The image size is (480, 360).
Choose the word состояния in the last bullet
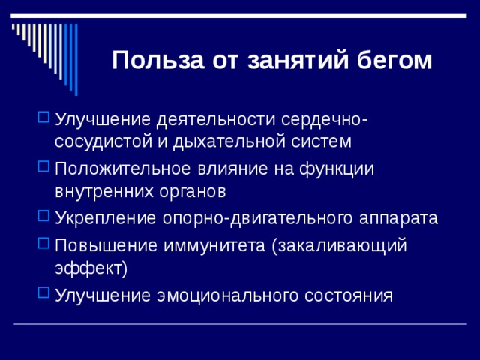(x=348, y=295)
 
